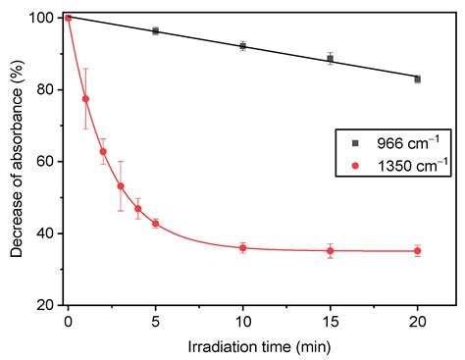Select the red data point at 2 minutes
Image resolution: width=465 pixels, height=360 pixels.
(x=103, y=151)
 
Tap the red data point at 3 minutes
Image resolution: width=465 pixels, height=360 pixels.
(x=121, y=186)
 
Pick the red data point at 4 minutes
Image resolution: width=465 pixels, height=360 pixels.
(x=138, y=208)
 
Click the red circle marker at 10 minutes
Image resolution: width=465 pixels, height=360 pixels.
(x=242, y=248)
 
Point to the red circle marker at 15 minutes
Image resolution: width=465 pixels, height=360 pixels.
(x=331, y=251)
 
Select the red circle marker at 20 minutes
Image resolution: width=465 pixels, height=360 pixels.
(x=418, y=250)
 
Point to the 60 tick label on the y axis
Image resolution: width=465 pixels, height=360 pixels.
(x=42, y=162)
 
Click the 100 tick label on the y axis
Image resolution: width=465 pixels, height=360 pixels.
(x=39, y=18)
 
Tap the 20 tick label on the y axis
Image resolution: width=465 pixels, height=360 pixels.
(x=42, y=305)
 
